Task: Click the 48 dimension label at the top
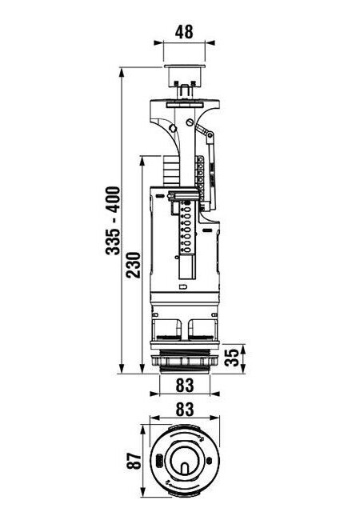(x=184, y=32)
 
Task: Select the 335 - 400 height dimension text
(x=113, y=221)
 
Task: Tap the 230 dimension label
(x=134, y=265)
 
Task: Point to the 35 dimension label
(x=232, y=358)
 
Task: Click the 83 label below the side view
(x=185, y=385)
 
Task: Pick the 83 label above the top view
(x=185, y=409)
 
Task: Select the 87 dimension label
(x=134, y=461)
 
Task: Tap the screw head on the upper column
(x=190, y=122)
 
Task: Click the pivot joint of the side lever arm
(x=210, y=135)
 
